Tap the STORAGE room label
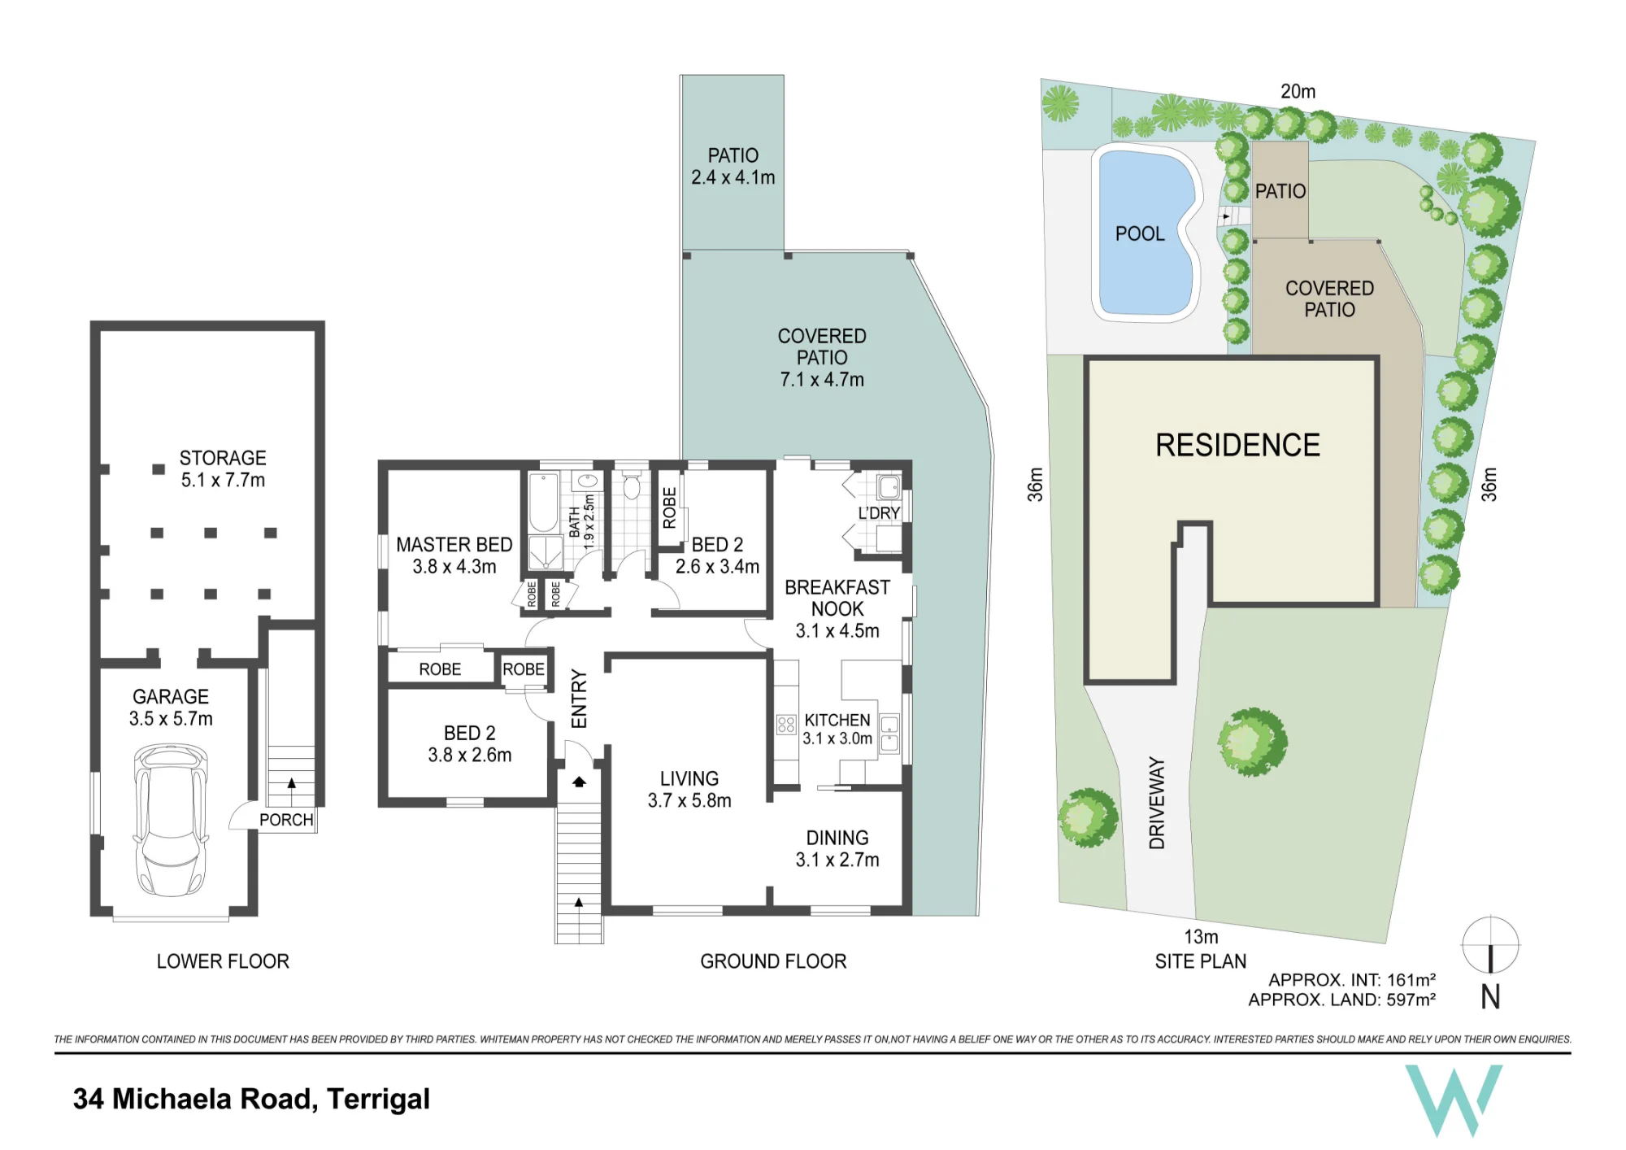coord(223,458)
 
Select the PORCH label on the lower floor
coord(286,820)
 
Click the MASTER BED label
coord(454,545)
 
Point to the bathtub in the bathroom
coord(542,502)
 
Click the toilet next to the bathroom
coord(632,486)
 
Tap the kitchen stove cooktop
coord(786,724)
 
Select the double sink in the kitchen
coord(889,733)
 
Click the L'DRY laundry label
coord(879,513)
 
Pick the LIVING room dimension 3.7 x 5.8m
coord(689,800)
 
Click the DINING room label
coord(837,838)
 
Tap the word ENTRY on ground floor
coord(579,699)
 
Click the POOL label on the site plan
coord(1140,234)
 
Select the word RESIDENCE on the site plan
coord(1237,446)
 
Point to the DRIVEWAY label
coord(1157,804)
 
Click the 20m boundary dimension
coord(1298,92)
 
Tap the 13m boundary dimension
coord(1201,937)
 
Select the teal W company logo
coord(1454,1100)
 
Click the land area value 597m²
coord(1411,1000)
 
